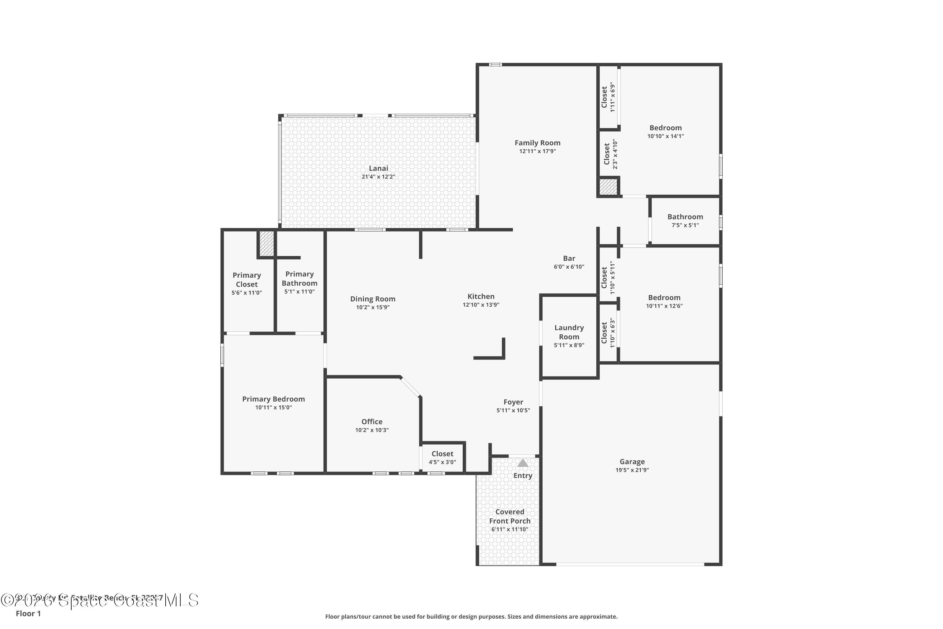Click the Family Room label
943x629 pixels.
click(x=537, y=143)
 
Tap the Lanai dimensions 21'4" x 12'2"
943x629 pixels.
click(x=378, y=177)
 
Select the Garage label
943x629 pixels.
click(x=632, y=462)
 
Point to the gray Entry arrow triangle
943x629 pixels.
click(x=522, y=463)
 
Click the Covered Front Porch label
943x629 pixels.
click(x=510, y=516)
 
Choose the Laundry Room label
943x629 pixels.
click(x=569, y=332)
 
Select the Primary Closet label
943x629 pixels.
click(x=246, y=280)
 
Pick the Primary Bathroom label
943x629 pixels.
click(x=300, y=278)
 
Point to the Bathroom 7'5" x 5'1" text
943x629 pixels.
click(x=685, y=225)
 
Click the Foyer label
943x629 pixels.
click(x=513, y=402)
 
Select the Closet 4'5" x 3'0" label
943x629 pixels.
click(x=442, y=454)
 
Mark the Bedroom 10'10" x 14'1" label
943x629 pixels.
click(x=665, y=128)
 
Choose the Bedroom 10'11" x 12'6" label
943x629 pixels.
click(x=664, y=298)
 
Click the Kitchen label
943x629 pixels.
click(x=481, y=297)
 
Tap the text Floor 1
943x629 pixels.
click(x=28, y=613)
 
